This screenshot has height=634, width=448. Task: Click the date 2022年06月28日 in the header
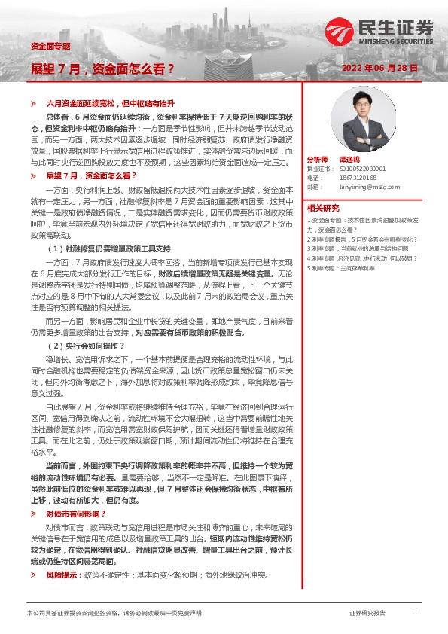tap(380, 68)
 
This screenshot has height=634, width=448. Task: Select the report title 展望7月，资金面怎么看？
tap(102, 69)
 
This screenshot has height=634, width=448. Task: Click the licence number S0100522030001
tap(362, 169)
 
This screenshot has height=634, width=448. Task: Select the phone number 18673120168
tap(357, 178)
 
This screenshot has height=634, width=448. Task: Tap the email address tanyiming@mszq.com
tap(367, 186)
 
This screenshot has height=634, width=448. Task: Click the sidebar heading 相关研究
tap(323, 208)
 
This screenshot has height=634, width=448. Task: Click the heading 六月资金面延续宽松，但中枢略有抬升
tap(111, 101)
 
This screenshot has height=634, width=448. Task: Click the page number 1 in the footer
tap(416, 613)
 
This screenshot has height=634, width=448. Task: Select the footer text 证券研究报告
tap(368, 614)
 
